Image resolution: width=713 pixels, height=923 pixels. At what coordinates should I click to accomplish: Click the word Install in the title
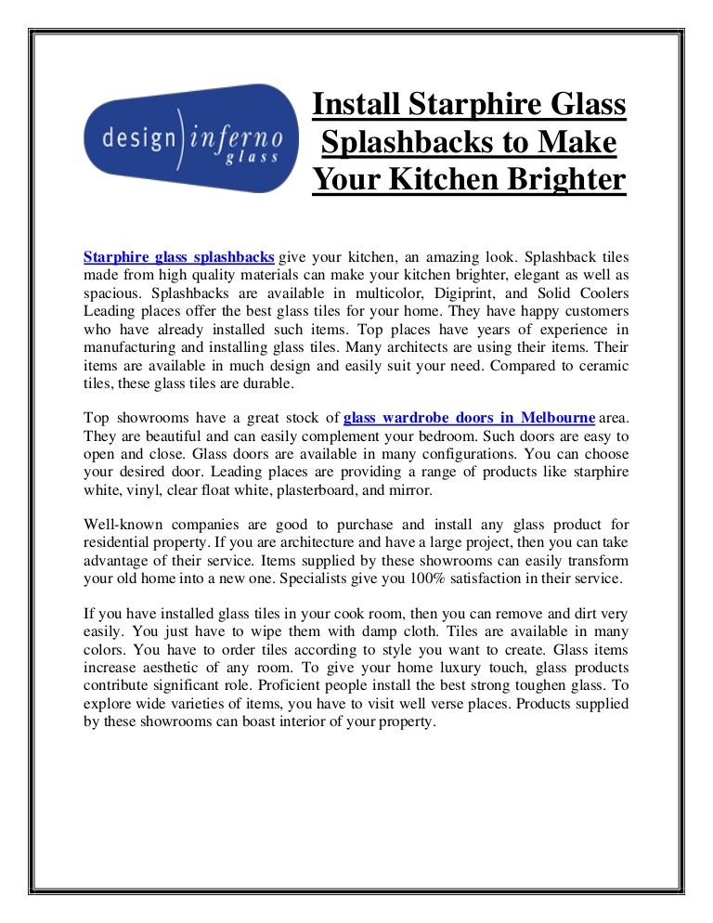point(356,105)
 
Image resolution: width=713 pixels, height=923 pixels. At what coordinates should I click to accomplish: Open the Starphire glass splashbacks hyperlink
point(178,257)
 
